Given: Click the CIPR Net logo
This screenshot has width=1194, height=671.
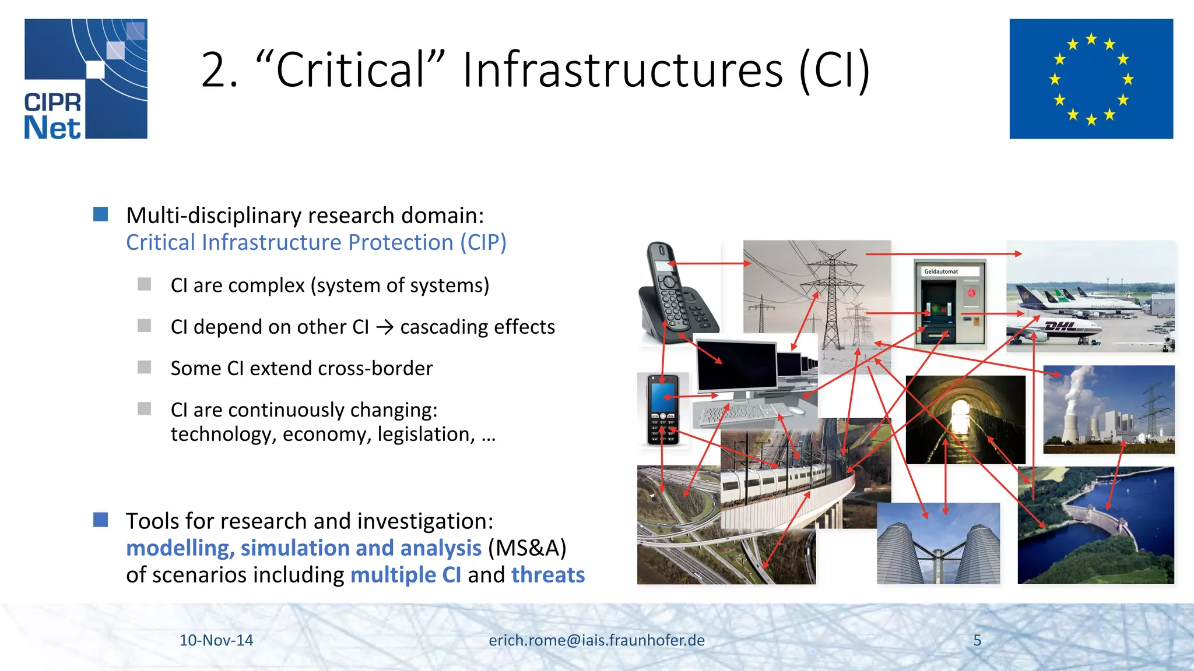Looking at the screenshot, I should coord(86,79).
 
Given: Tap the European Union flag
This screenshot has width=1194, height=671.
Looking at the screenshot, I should coord(1091,79).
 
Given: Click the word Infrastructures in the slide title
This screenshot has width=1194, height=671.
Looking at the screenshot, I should coord(623,70).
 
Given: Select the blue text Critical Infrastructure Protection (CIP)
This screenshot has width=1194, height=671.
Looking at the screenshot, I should coord(316,242).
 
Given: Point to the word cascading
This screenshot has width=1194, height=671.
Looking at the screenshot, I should coord(443,327).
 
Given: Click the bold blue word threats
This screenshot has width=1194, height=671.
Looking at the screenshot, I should coord(547,575).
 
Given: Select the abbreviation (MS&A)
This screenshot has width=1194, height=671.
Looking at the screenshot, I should coord(527,548).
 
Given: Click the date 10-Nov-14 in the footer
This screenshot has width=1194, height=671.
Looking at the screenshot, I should coord(216,640).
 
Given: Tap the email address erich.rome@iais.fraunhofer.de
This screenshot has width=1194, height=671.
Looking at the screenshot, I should coord(596,640).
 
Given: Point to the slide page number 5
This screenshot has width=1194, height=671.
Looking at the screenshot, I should coord(977,640).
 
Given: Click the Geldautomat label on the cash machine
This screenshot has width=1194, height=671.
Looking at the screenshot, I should coord(941,271).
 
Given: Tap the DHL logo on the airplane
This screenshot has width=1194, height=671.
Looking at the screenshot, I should coord(1060,326).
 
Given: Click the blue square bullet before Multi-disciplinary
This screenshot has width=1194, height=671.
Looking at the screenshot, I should coord(101,214).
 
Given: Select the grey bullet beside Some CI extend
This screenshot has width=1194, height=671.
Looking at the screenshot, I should coord(144,367).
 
